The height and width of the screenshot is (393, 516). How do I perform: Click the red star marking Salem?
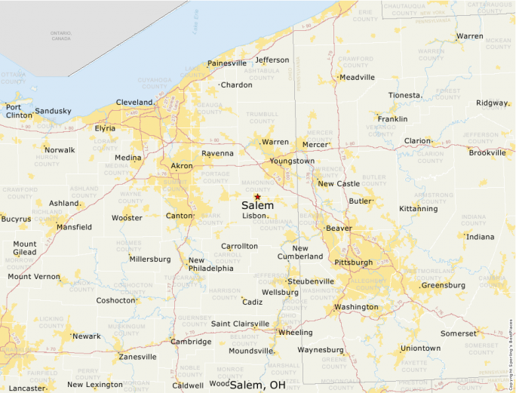click(257, 196)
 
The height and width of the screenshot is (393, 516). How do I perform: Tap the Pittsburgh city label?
click(353, 263)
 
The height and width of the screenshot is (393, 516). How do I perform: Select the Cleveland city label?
click(134, 103)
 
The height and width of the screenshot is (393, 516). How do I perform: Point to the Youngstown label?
click(292, 161)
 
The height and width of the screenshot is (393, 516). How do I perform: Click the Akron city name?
click(182, 165)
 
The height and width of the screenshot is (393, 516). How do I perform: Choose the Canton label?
click(179, 216)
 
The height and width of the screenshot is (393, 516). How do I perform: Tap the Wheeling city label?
click(295, 332)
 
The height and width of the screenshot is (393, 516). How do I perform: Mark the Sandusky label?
click(53, 111)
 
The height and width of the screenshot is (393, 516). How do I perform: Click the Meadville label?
click(357, 77)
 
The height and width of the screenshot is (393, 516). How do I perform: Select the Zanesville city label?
click(137, 357)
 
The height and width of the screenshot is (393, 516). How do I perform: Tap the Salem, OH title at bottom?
click(258, 385)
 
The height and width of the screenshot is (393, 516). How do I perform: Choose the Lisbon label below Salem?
click(255, 215)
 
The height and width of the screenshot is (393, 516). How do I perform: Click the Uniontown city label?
click(420, 348)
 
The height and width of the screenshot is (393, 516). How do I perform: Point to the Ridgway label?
click(492, 103)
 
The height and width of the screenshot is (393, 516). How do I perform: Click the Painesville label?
click(227, 63)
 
